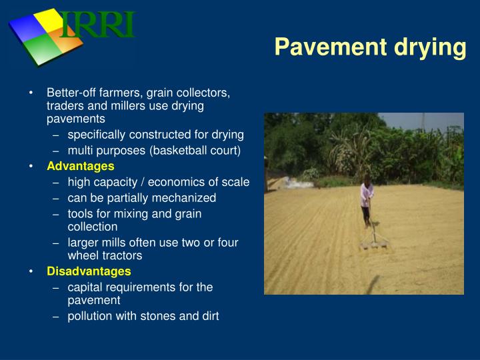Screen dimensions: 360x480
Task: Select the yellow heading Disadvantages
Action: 89,271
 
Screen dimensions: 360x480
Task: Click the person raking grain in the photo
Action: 366,200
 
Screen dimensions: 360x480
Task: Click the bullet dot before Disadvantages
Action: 31,271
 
